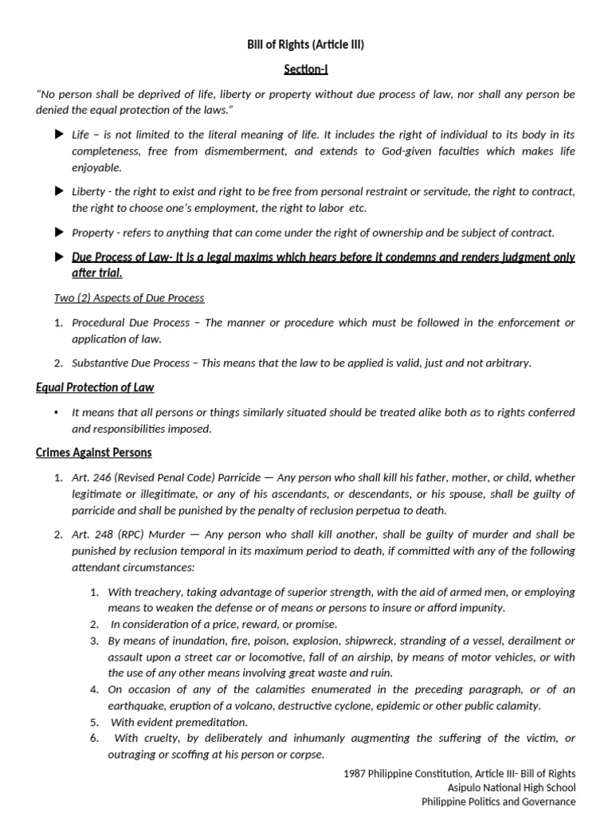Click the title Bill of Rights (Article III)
coord(305,45)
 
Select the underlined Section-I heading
coord(305,69)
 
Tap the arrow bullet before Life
coord(58,135)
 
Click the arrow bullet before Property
coord(58,232)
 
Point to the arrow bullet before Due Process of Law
coord(58,257)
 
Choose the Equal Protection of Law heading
coord(95,387)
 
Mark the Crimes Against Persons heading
coord(93,453)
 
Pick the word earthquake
coord(136,705)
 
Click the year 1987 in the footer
coord(355,773)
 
